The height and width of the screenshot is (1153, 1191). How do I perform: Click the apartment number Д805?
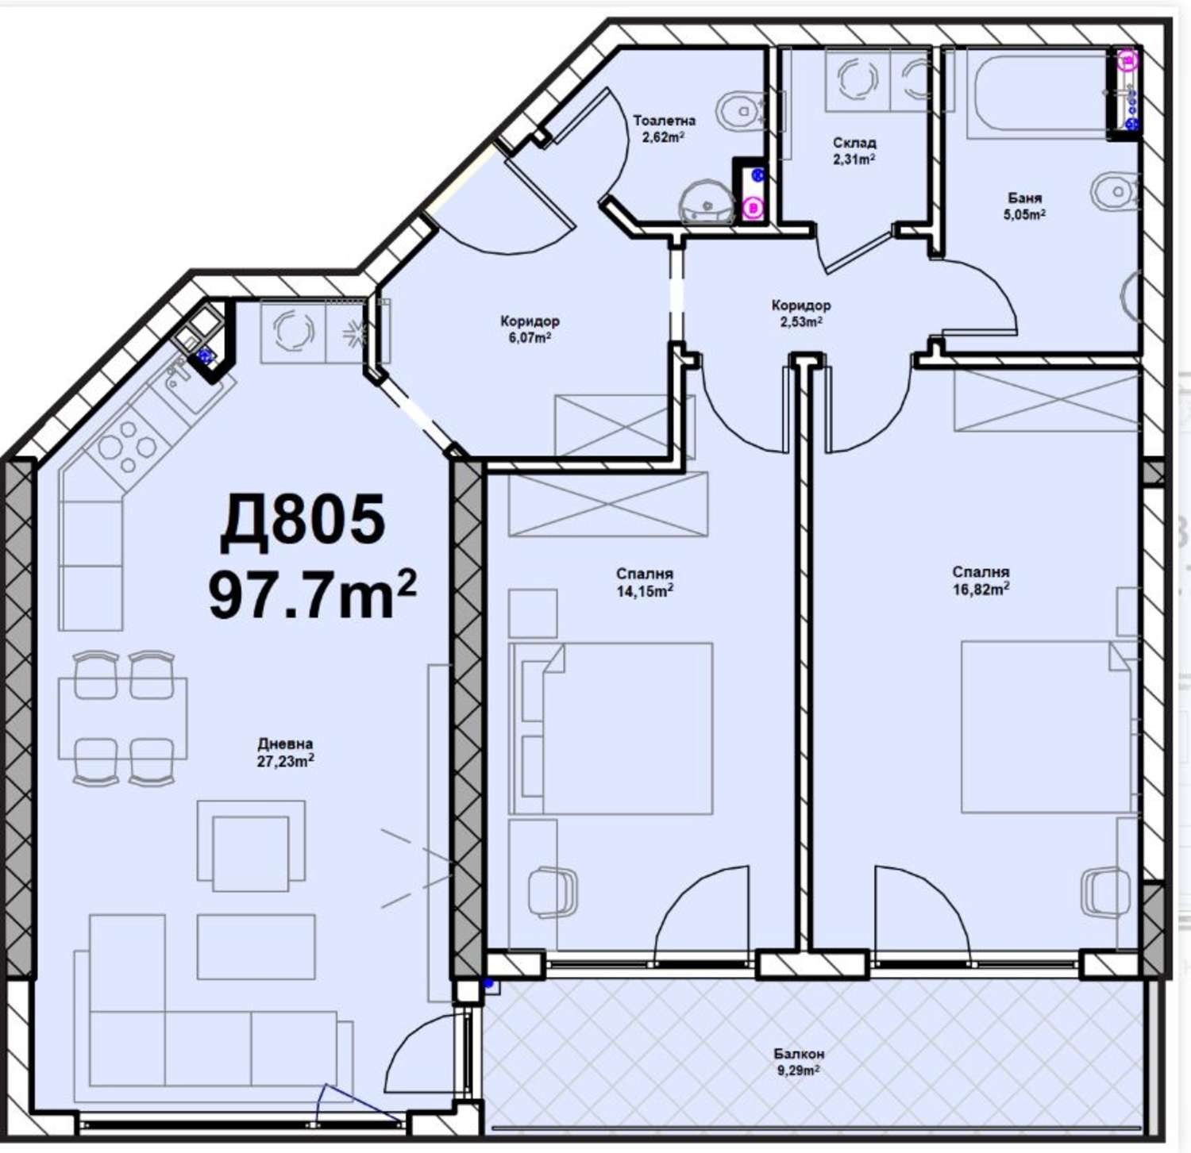coord(303,521)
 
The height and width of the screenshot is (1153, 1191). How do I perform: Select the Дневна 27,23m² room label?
coord(285,752)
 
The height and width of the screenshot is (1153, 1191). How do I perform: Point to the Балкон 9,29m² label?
coord(799,1061)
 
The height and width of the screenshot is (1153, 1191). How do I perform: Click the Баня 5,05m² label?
coord(1024,206)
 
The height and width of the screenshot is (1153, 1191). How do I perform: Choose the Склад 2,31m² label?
coord(854,150)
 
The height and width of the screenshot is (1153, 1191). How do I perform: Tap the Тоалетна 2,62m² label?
coord(664,128)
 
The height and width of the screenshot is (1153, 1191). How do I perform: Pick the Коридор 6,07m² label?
coord(530,329)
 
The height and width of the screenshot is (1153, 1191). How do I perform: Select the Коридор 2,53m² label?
coord(801,313)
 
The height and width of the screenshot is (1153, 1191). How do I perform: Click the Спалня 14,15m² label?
coord(645,582)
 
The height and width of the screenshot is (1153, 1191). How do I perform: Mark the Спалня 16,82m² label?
coord(981,580)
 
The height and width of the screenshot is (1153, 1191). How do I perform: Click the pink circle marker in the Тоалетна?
coord(753,208)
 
